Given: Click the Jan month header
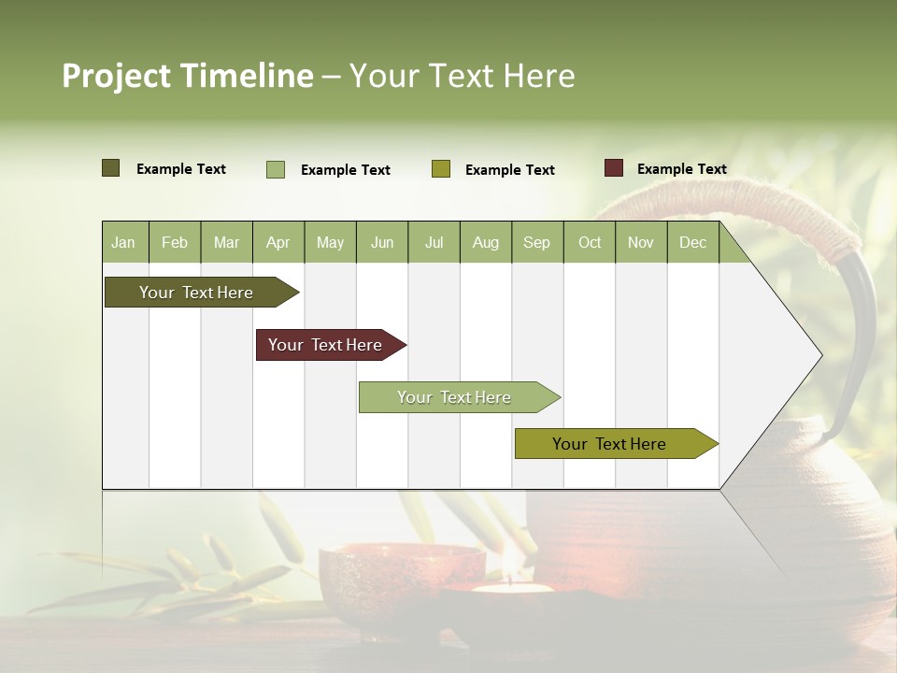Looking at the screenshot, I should (124, 242).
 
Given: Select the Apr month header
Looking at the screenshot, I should (278, 242).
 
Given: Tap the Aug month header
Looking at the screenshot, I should (486, 242).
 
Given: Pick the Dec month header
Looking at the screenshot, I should (692, 242).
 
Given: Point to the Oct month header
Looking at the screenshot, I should (590, 242).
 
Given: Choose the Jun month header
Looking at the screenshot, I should (382, 242).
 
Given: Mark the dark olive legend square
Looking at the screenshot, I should (110, 168).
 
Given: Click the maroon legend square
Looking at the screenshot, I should (613, 168).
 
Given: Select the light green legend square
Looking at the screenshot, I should (276, 169).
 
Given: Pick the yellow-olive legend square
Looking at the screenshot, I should (441, 169).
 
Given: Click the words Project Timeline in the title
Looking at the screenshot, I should (187, 76).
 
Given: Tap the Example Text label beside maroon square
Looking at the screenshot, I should (681, 169).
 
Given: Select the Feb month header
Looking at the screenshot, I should (175, 242).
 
